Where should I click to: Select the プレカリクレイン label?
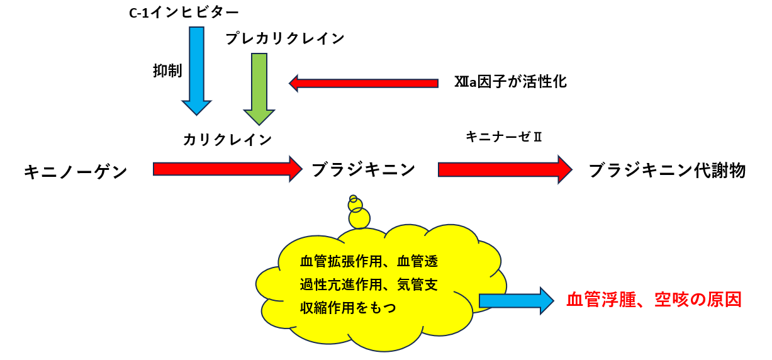tap(286, 39)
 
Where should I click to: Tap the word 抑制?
tap(167, 71)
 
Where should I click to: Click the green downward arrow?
tap(259, 88)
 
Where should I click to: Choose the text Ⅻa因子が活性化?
tap(510, 82)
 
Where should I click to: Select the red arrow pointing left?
tap(364, 83)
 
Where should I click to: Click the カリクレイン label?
tap(228, 140)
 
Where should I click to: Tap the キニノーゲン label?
tap(76, 171)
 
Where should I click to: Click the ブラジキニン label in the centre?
tap(364, 169)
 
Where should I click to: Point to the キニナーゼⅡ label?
tap(503, 137)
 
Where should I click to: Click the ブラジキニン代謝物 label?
tap(668, 171)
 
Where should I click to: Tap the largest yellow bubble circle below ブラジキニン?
tap(360, 218)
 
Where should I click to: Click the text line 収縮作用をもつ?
tap(348, 308)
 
